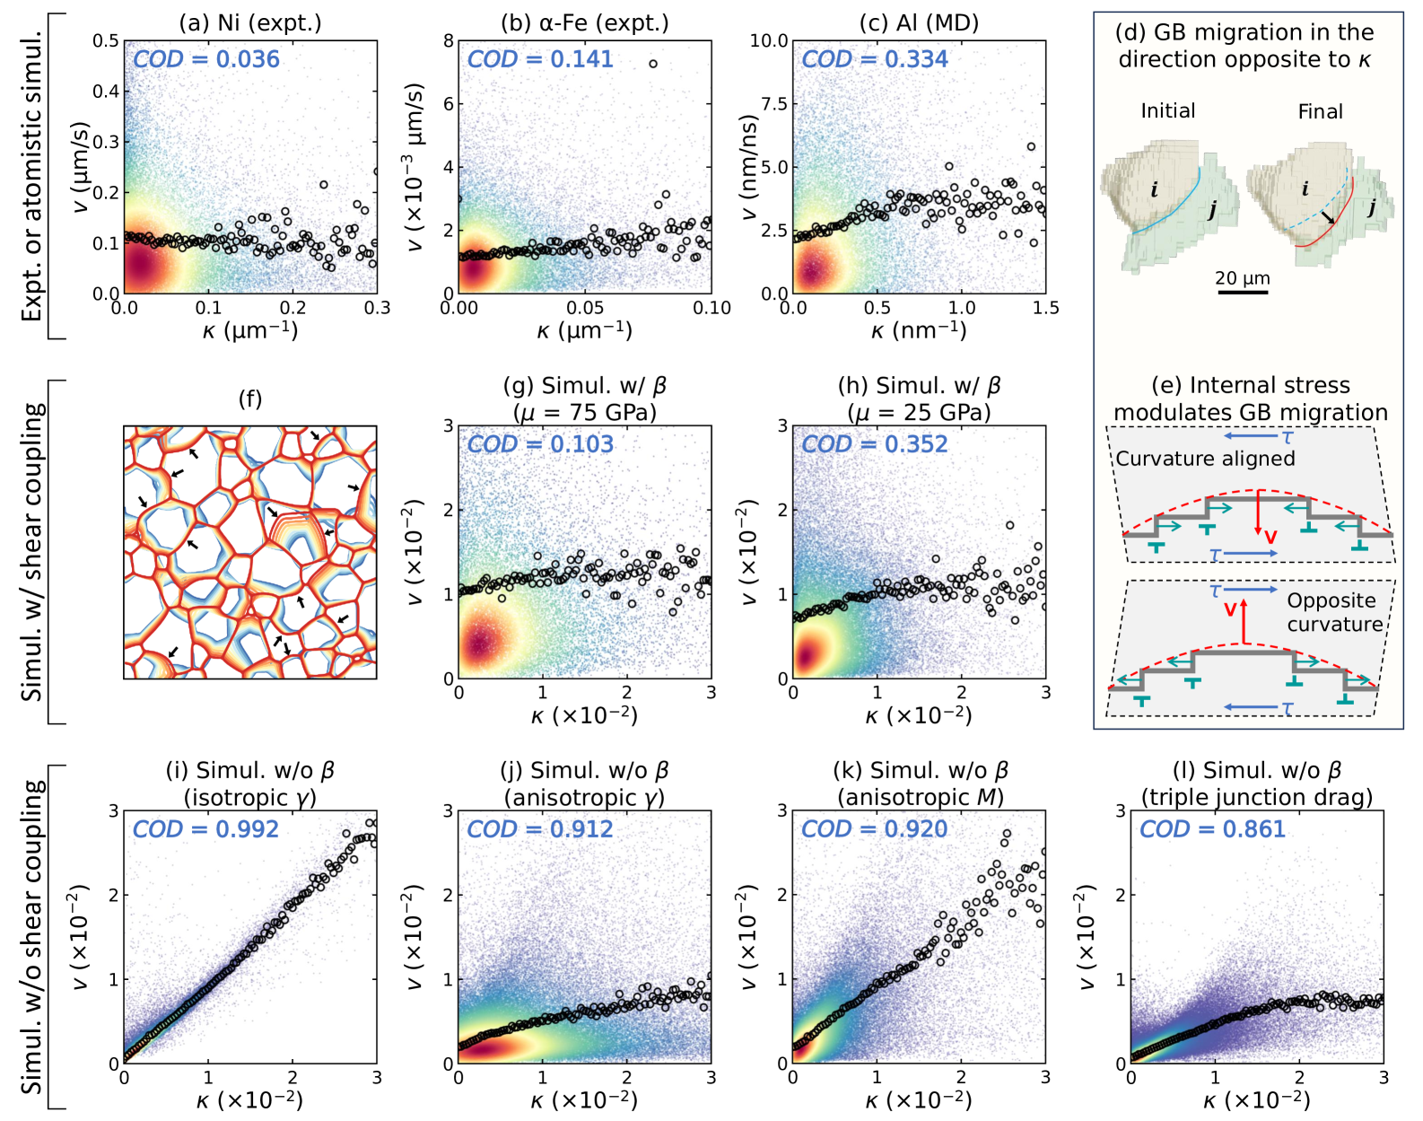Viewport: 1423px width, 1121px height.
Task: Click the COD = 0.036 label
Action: point(206,59)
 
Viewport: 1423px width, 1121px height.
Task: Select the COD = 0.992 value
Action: point(205,829)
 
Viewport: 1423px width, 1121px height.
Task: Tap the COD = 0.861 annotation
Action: point(1212,829)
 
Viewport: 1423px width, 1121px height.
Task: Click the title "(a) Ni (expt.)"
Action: point(250,22)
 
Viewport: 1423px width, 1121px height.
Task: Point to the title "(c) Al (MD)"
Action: point(919,22)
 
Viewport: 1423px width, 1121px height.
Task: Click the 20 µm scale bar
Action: point(1243,292)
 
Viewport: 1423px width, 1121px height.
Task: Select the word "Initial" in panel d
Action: point(1167,110)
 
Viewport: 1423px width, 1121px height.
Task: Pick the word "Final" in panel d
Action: point(1320,111)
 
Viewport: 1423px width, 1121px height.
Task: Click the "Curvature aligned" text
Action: point(1205,459)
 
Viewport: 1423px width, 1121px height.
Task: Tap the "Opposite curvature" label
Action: point(1334,612)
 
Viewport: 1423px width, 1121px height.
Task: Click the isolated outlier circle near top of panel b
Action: point(653,64)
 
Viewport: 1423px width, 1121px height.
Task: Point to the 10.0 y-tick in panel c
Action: point(769,40)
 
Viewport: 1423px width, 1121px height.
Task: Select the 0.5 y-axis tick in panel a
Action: point(106,40)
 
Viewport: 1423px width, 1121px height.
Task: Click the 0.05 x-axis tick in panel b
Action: point(585,308)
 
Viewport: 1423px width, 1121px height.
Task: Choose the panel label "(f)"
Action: point(250,398)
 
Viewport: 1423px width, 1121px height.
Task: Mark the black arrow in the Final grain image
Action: point(1327,217)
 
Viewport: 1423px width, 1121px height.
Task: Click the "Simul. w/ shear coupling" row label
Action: point(32,552)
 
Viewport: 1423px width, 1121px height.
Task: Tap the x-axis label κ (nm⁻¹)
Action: point(919,331)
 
